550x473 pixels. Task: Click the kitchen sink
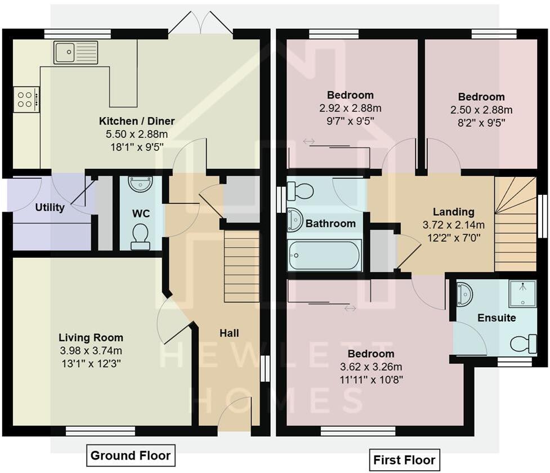76,52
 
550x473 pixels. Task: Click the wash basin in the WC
140,184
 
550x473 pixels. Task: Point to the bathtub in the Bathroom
324,255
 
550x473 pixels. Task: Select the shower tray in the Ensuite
522,293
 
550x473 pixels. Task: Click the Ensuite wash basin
464,294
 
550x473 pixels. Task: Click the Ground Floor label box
131,455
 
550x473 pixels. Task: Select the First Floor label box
404,459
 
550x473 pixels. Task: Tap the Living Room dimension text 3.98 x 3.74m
91,350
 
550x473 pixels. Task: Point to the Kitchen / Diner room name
137,121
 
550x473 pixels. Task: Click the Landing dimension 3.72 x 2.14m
454,225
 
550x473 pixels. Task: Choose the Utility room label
50,207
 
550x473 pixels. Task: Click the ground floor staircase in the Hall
242,266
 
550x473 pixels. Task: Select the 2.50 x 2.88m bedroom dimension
481,110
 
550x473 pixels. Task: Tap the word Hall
229,333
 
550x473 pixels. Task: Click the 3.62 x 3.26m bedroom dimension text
371,367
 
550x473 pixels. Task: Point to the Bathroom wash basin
294,220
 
